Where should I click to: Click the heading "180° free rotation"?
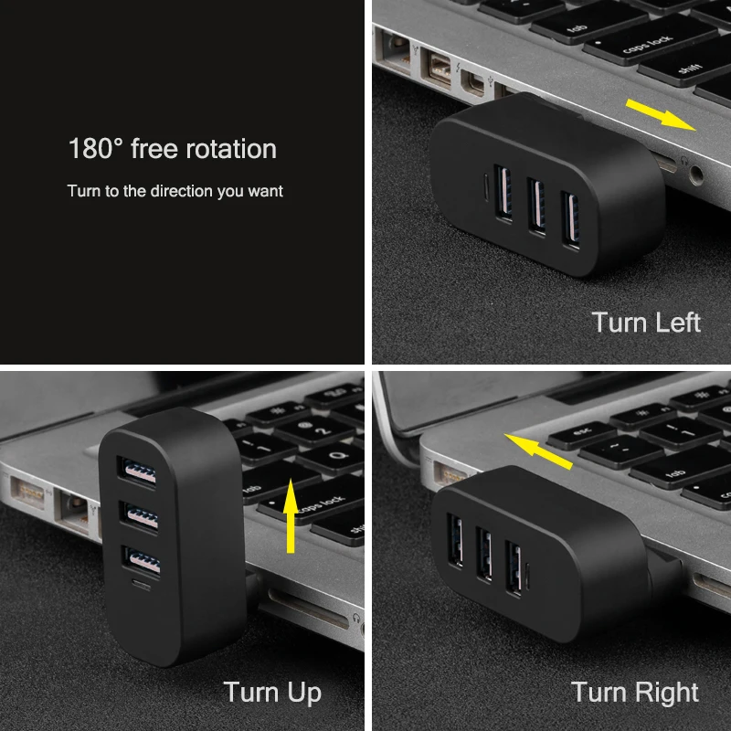pos(172,148)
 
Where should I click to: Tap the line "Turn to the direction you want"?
pos(175,191)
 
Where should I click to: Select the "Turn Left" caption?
pos(646,323)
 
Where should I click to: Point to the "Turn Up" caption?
pos(272,692)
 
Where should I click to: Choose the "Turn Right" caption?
pos(635,693)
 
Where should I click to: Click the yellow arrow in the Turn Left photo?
pos(661,115)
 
